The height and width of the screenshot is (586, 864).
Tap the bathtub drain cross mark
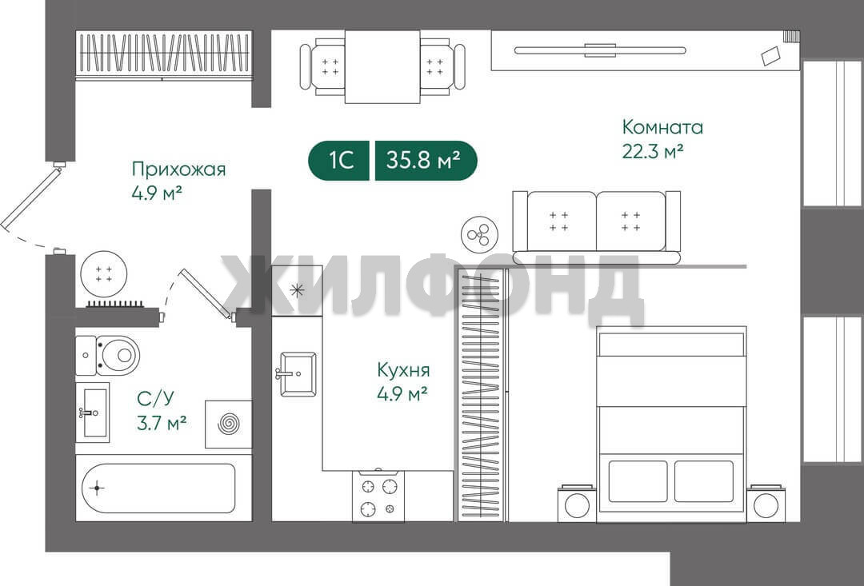97,488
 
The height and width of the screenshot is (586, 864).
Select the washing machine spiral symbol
229,424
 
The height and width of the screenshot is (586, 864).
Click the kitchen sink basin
298,374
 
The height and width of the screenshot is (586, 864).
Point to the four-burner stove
378,496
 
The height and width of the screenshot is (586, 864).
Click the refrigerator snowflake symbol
297,290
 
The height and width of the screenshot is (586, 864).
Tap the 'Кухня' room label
403,370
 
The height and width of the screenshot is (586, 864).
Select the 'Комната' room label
662,127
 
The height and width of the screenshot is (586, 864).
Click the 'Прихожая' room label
178,169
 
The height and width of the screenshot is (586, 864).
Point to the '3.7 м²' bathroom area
161,422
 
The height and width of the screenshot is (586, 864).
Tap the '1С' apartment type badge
339,161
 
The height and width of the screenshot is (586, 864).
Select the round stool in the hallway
103,274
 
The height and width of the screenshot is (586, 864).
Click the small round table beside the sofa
479,235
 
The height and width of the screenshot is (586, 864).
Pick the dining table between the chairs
382,66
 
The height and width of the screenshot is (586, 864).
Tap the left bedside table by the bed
577,504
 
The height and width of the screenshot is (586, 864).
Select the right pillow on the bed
704,481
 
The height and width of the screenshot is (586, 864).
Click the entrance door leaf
31,199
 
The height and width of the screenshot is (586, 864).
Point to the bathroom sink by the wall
92,413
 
